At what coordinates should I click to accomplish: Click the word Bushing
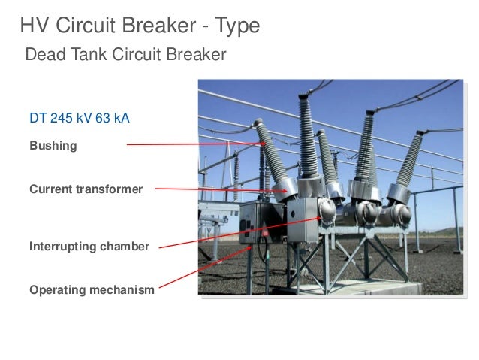(x=53, y=146)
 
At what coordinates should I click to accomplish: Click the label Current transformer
(x=86, y=189)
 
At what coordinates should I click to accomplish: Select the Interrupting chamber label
(x=89, y=247)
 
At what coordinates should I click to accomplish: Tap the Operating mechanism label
(x=92, y=289)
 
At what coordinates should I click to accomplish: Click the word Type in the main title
(x=236, y=26)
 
